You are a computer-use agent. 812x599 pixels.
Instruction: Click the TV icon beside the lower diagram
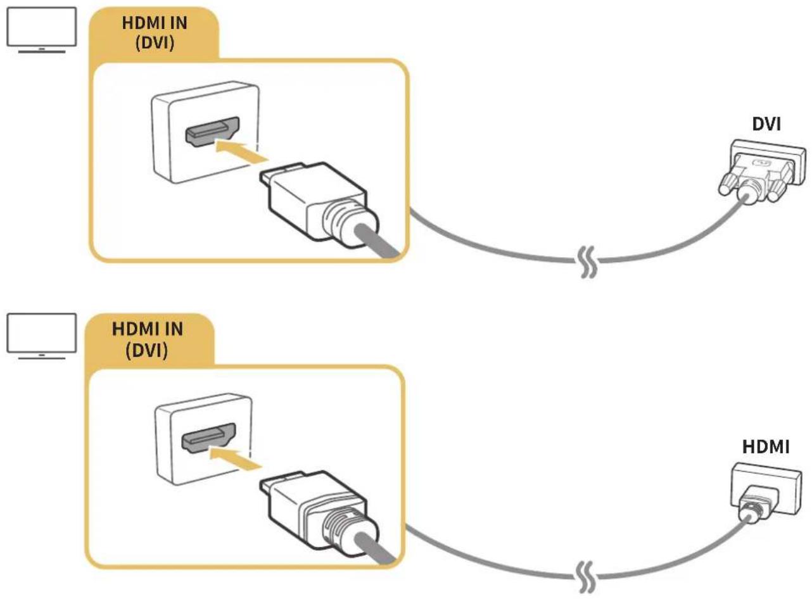(41, 336)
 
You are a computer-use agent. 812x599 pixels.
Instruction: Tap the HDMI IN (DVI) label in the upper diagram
(155, 33)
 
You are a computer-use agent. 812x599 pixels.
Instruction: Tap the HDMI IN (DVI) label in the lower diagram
(147, 339)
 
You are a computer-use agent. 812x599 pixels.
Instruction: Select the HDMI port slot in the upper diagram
(213, 132)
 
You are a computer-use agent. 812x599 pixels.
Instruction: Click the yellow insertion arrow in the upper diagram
(241, 151)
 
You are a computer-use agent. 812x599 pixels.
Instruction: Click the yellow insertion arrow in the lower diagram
(236, 457)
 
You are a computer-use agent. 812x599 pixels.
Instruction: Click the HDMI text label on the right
(766, 447)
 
